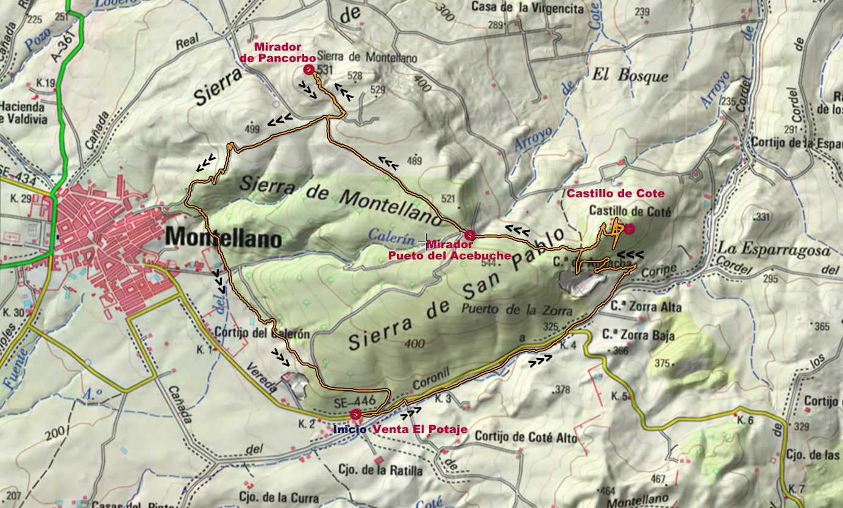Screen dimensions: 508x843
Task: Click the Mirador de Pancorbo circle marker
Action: pyautogui.click(x=308, y=70)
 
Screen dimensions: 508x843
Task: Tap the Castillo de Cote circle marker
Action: pyautogui.click(x=629, y=229)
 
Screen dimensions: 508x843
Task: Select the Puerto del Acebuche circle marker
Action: pyautogui.click(x=469, y=235)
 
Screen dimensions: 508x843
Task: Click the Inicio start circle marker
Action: pyautogui.click(x=355, y=415)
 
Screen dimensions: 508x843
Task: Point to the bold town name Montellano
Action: pyautogui.click(x=224, y=237)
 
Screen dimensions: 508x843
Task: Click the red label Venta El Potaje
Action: pyautogui.click(x=420, y=429)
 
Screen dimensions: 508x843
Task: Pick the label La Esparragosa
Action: pyautogui.click(x=774, y=249)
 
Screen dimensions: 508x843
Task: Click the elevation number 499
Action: pyautogui.click(x=252, y=129)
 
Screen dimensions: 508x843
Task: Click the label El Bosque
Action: pyautogui.click(x=630, y=76)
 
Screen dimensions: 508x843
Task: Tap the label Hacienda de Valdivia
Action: pyautogui.click(x=23, y=112)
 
